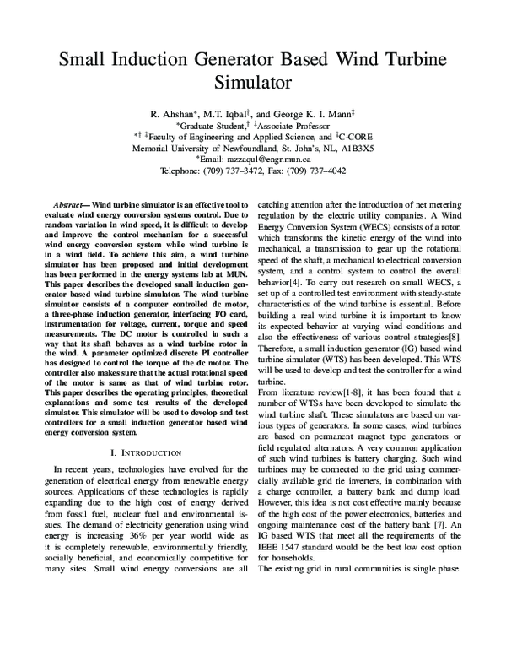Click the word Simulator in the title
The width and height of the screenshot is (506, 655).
coord(253,83)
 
